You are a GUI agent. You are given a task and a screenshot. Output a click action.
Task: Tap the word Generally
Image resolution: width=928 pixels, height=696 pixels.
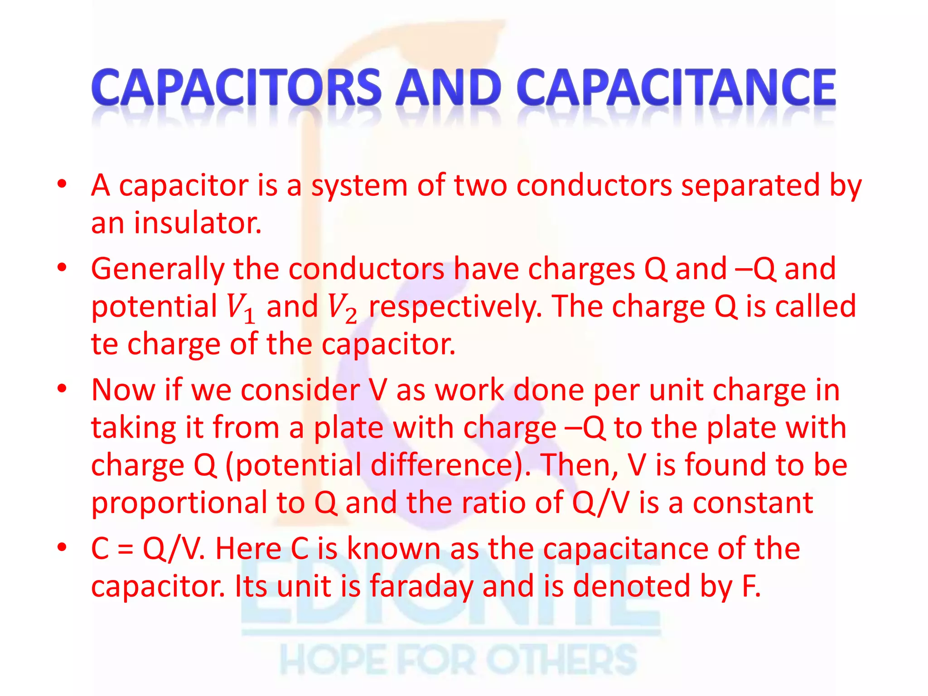click(158, 269)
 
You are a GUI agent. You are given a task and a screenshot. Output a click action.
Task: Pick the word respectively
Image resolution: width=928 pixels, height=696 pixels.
click(455, 307)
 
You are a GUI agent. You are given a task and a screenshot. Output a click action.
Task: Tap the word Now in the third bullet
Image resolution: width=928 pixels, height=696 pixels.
click(123, 390)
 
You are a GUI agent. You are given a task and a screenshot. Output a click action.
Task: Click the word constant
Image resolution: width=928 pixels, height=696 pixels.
click(753, 503)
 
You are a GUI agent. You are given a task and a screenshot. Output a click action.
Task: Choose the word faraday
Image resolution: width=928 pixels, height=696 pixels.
click(421, 586)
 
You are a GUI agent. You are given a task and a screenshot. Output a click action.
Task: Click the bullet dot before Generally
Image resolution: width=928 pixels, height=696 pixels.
click(62, 267)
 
